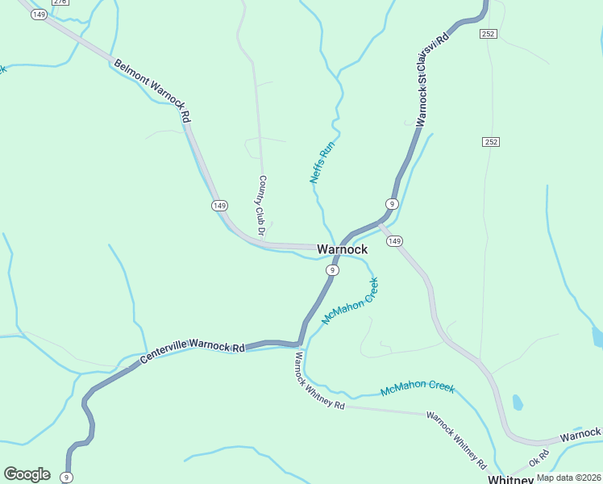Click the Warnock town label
342,249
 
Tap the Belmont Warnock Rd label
152,90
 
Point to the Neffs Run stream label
322,162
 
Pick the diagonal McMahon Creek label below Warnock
350,302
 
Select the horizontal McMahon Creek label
418,388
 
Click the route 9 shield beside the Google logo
67,477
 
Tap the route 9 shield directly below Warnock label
331,270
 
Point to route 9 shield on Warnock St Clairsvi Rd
391,203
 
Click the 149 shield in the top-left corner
39,15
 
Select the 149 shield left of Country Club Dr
219,206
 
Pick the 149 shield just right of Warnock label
394,241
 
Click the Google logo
27,474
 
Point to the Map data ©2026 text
568,478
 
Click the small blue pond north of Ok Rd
517,402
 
